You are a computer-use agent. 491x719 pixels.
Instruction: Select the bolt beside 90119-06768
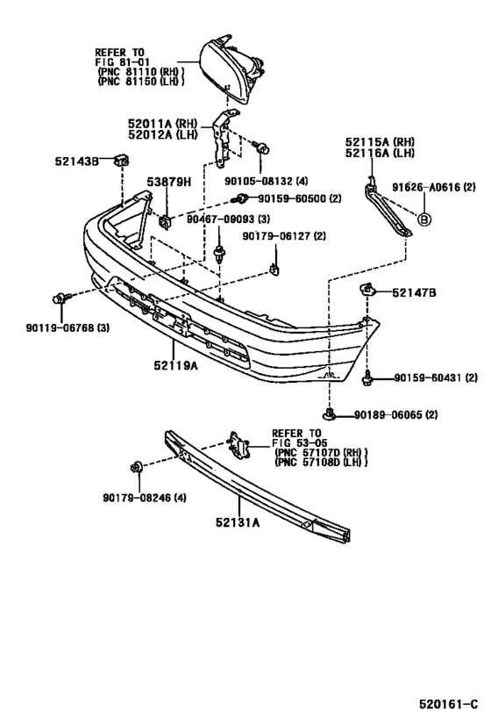point(60,299)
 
